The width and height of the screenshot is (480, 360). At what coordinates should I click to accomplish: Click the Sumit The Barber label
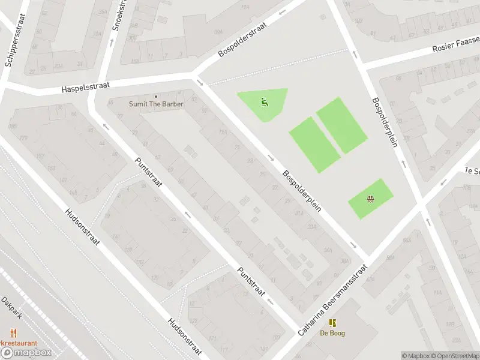(x=156, y=104)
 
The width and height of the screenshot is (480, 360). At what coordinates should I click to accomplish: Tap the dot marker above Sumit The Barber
(x=156, y=96)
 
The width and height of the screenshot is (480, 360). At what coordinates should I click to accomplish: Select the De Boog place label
(x=332, y=333)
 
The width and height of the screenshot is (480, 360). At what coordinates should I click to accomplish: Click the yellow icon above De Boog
(x=332, y=323)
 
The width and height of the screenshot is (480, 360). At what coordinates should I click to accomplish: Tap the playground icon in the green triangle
(x=264, y=101)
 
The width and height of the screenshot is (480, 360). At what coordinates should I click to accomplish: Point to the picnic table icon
(x=371, y=199)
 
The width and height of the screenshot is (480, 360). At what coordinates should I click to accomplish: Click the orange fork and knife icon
(x=12, y=332)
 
